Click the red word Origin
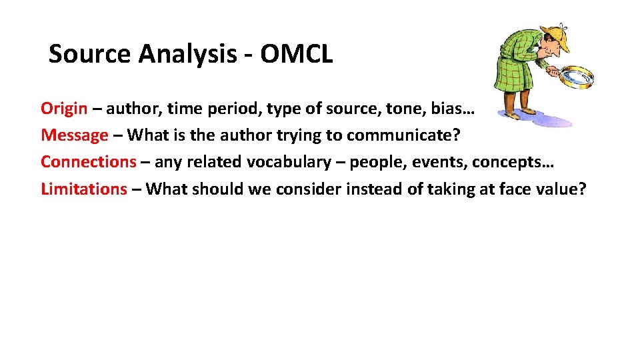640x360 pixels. click(64, 108)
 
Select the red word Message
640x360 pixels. click(74, 135)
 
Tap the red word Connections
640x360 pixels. click(88, 162)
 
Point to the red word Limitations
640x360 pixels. click(83, 189)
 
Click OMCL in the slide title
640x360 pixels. click(296, 54)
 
